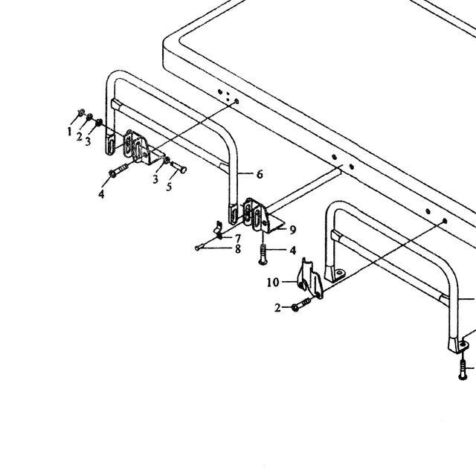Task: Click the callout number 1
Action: (x=69, y=132)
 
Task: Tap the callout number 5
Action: (x=169, y=187)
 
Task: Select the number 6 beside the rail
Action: (x=260, y=174)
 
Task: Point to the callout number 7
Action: (x=238, y=238)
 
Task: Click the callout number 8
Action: (x=238, y=249)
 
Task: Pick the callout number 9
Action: (x=292, y=230)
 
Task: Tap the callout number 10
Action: (x=273, y=283)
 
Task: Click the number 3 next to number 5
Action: (x=155, y=179)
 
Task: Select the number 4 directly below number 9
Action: (x=292, y=251)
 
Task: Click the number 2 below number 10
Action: (x=277, y=308)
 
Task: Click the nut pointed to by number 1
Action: (x=81, y=113)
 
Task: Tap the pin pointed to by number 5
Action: (x=179, y=167)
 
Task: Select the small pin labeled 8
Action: (x=199, y=248)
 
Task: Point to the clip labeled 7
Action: (x=218, y=230)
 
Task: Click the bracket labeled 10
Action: (x=310, y=280)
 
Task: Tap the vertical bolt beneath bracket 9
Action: (x=263, y=254)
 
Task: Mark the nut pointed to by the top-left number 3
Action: (x=98, y=123)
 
